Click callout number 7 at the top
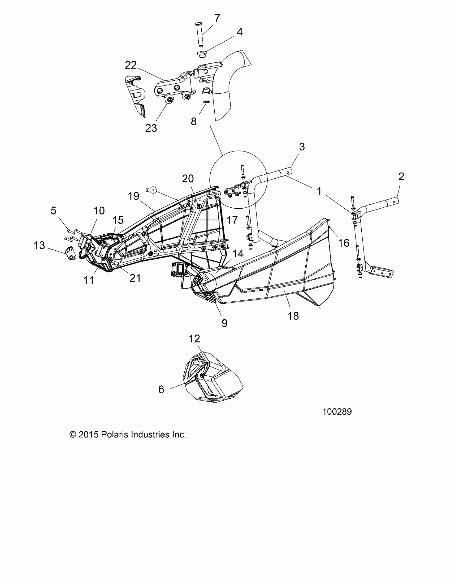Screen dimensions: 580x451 pos(217,18)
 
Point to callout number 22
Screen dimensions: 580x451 pos(131,65)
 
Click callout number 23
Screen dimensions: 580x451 pos(151,128)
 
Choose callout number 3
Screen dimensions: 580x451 pos(302,147)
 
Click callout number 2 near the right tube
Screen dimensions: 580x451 pos(401,177)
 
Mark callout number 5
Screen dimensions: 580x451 pos(54,211)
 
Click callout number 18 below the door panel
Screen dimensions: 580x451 pos(293,316)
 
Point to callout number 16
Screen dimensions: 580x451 pos(344,243)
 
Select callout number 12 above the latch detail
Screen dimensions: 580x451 pos(194,339)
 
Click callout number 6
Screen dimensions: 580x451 pos(161,389)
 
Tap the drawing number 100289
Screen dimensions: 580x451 pos(337,412)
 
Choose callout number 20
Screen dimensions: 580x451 pos(188,179)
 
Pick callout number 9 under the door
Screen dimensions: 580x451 pos(224,323)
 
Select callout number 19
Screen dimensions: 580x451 pos(133,196)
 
